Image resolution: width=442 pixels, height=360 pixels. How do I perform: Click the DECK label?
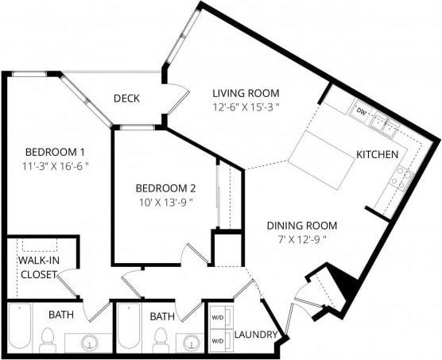pyautogui.click(x=127, y=99)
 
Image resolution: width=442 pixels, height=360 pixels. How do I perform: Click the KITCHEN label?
pyautogui.click(x=377, y=153)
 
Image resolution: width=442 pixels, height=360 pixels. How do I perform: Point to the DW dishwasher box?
pyautogui.click(x=361, y=110)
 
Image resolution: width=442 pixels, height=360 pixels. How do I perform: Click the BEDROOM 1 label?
pyautogui.click(x=55, y=152)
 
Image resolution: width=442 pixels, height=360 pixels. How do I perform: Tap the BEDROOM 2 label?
pyautogui.click(x=165, y=188)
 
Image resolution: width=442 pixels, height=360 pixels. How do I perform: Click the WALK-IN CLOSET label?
pyautogui.click(x=37, y=267)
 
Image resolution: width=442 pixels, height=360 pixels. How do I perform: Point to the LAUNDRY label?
pyautogui.click(x=254, y=335)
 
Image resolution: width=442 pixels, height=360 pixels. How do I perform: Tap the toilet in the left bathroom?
pyautogui.click(x=47, y=339)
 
